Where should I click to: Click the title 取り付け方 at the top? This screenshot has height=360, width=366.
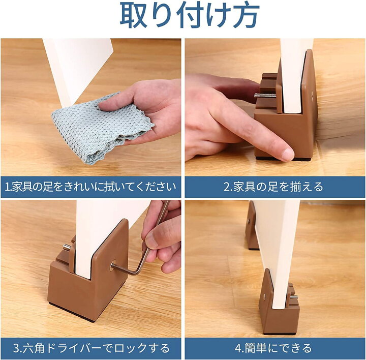[190, 15]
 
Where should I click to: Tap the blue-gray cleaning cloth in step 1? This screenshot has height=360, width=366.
[100, 129]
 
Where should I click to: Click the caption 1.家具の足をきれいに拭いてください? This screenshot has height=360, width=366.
[90, 187]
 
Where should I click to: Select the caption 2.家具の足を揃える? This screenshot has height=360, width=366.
[273, 187]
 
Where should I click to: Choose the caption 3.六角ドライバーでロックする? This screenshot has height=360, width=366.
[91, 348]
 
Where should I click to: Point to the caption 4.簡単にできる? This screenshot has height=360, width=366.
[273, 348]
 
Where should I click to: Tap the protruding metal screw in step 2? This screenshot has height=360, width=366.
[265, 95]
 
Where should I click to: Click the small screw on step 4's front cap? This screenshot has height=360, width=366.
[294, 297]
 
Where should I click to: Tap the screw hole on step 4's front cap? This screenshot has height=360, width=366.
[264, 296]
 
